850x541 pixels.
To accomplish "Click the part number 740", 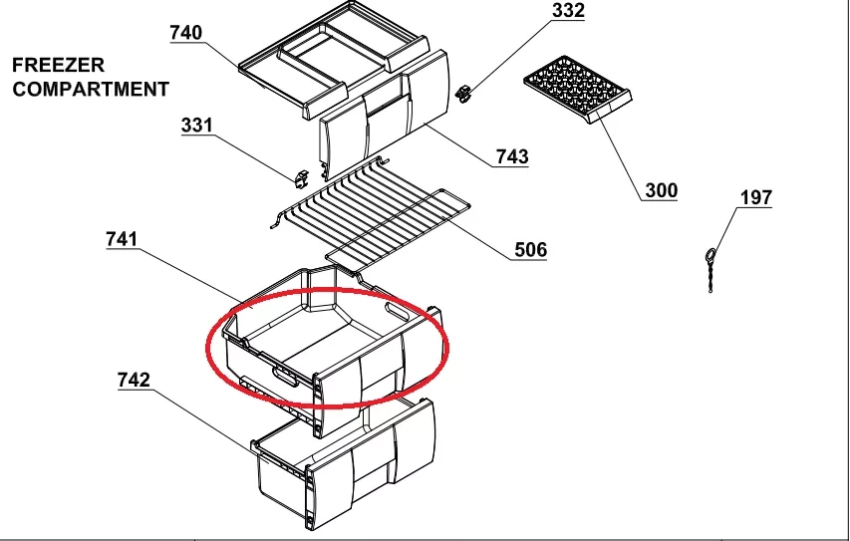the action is click(x=186, y=33).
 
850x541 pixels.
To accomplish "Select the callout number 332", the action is click(x=568, y=10).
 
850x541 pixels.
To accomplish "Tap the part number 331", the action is click(x=196, y=126).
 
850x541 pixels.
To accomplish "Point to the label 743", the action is click(x=512, y=156).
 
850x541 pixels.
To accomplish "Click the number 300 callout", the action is click(x=662, y=190).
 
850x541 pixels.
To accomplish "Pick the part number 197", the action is click(x=756, y=197).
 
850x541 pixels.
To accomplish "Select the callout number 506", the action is click(x=531, y=249).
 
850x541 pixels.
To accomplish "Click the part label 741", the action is click(x=122, y=238).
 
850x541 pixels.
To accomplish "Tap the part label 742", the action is click(x=134, y=380).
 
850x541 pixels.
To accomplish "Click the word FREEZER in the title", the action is click(x=58, y=65).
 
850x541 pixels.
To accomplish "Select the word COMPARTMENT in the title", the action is click(x=91, y=89).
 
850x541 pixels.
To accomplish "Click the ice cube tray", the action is click(x=578, y=89).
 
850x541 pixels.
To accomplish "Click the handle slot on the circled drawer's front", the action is click(x=285, y=377).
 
